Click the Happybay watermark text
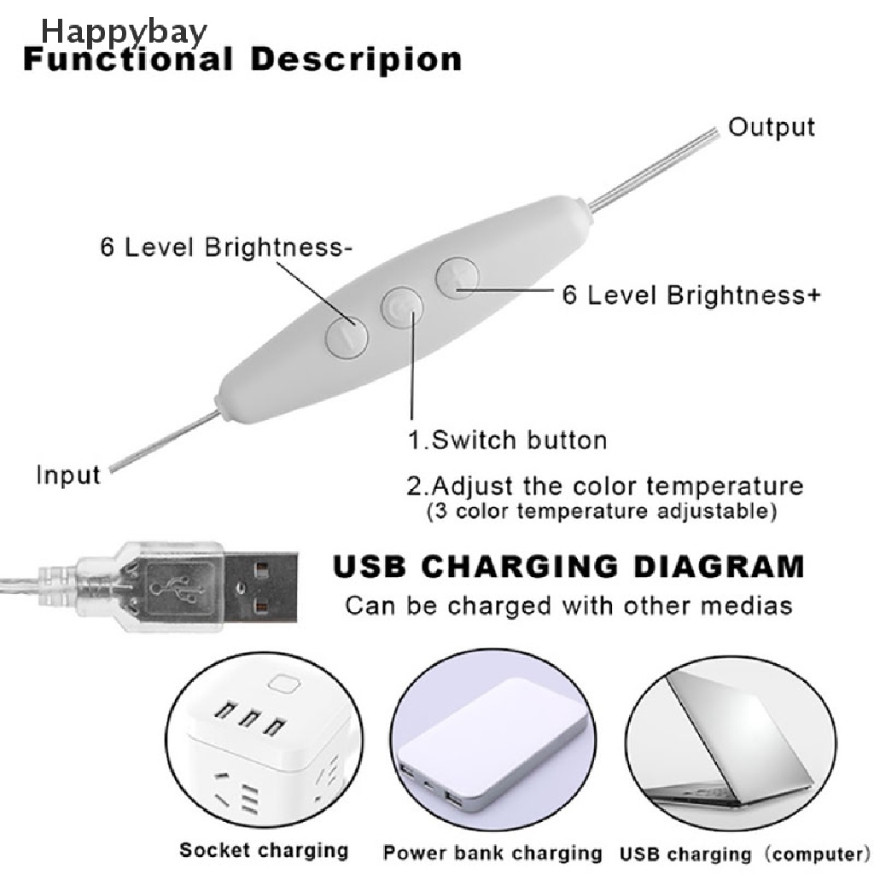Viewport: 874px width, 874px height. (124, 32)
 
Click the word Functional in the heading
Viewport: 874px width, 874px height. (128, 59)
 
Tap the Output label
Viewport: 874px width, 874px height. (772, 128)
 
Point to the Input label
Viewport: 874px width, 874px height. (68, 475)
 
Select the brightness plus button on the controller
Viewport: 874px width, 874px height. (457, 277)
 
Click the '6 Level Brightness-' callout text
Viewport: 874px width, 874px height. (225, 247)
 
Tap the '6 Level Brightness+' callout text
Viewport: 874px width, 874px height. (691, 294)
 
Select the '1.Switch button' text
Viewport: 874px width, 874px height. (507, 440)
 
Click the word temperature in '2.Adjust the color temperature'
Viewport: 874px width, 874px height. (725, 487)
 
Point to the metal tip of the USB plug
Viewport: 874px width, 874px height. (260, 587)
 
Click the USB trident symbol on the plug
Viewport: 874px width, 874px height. (174, 587)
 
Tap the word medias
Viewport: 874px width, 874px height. (746, 605)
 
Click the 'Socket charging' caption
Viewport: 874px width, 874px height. (264, 850)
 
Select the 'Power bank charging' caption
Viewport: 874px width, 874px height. (492, 853)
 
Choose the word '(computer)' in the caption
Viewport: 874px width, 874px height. (817, 854)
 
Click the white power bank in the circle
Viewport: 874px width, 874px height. (492, 737)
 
